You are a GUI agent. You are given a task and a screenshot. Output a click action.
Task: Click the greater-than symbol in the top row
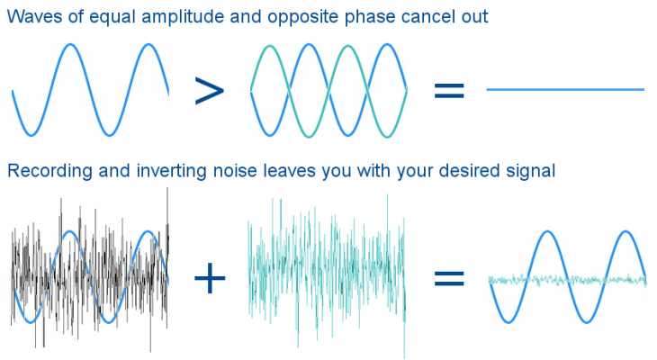pos(209,90)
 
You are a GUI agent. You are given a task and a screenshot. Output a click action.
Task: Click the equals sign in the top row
pos(449,90)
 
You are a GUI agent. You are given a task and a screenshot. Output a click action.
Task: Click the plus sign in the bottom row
pos(210,279)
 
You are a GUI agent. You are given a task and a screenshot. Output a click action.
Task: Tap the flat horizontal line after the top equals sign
pos(564,90)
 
